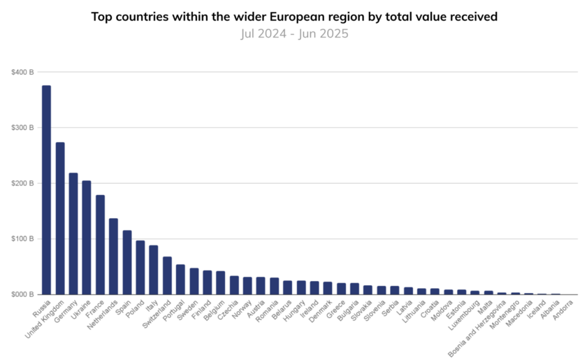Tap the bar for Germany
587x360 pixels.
73,233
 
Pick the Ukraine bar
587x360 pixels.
87,238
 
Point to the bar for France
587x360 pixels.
100,245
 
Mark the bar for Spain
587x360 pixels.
127,263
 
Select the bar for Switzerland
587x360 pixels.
167,275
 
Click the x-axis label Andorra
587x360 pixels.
567,307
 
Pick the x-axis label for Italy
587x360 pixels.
153,305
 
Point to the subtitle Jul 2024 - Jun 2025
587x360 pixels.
293,33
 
